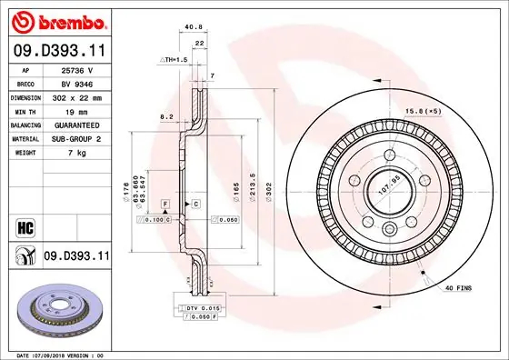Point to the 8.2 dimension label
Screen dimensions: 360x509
(166, 117)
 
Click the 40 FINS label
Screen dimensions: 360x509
(456, 289)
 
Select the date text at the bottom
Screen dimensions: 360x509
(60, 354)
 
